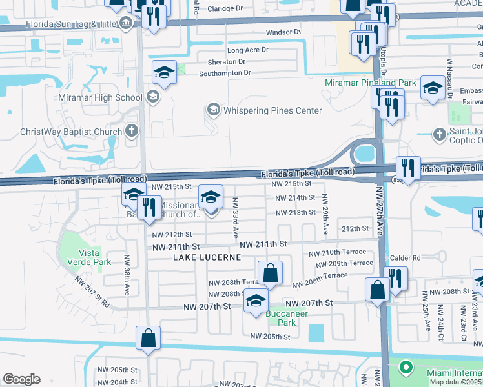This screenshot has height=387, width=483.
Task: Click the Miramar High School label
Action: (x=100, y=97)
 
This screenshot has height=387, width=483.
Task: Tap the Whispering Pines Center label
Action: (x=272, y=110)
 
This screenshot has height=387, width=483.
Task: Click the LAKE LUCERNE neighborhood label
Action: (x=207, y=257)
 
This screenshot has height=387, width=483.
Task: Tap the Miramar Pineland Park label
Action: (x=370, y=83)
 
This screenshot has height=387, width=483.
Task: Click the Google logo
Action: (x=21, y=379)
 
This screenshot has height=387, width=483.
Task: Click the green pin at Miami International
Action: (x=406, y=368)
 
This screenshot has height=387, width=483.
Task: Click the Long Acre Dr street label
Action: (x=247, y=50)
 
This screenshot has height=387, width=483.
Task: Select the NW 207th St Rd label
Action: (x=92, y=292)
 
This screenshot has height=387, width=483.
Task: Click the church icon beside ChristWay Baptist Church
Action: (x=131, y=132)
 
